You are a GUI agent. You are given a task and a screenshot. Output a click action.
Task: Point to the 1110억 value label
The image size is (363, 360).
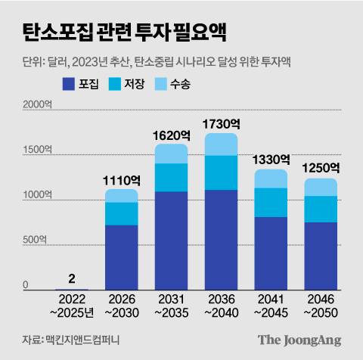(122, 180)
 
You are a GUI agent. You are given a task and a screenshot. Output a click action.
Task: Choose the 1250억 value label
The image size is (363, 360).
(321, 167)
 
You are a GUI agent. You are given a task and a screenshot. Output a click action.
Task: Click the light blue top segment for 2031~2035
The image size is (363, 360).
(172, 154)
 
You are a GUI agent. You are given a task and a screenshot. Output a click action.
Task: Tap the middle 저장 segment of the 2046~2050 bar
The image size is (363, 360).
(321, 209)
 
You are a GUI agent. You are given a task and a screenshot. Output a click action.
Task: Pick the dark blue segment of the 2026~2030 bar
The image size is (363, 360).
(122, 257)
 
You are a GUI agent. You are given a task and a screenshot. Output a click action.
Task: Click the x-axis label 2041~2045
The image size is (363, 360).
(272, 306)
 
